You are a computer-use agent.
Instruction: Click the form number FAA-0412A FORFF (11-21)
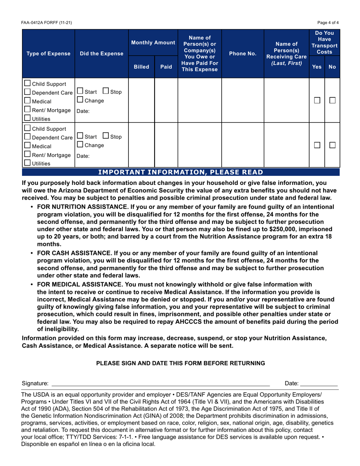click(46, 22)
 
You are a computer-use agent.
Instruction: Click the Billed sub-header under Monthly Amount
click(141, 67)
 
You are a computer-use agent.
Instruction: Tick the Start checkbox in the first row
click(80, 91)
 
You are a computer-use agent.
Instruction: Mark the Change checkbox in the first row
click(80, 100)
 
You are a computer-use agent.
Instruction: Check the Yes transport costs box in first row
click(317, 101)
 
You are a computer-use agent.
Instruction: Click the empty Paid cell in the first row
click(166, 100)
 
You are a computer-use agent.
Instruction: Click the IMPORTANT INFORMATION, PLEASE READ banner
click(180, 173)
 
